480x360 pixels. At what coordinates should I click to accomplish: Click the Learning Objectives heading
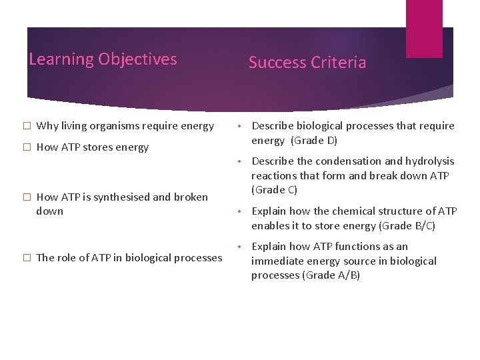click(x=103, y=59)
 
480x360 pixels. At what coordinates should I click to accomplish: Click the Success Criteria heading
click(x=307, y=63)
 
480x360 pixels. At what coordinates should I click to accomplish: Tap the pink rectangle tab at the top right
click(x=424, y=28)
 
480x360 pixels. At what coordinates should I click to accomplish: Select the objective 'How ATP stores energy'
click(x=92, y=147)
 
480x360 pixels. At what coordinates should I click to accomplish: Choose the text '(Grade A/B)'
click(x=331, y=275)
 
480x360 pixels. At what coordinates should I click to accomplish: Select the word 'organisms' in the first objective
click(x=113, y=126)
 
